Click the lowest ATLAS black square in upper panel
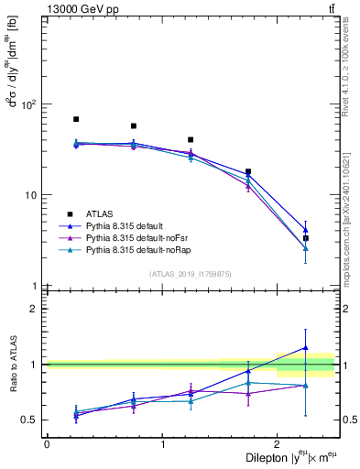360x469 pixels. click(x=306, y=238)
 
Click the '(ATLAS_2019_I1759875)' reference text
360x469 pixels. click(x=191, y=274)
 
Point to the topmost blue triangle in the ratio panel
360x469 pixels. click(x=306, y=348)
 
